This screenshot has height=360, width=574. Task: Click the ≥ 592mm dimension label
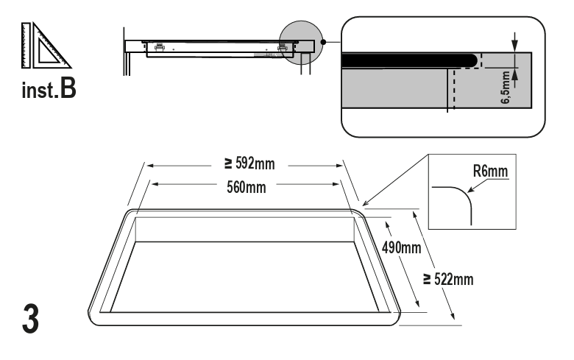tap(249, 163)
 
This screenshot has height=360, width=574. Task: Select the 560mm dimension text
tap(246, 187)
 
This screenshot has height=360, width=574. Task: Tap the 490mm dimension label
tap(401, 248)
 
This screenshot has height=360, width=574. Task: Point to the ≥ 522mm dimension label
tap(448, 280)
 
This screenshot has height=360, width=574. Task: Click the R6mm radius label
tap(490, 171)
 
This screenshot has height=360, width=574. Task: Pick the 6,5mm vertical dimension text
tap(505, 87)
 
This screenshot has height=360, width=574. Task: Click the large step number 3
tap(30, 318)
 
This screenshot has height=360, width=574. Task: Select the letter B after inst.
tap(68, 88)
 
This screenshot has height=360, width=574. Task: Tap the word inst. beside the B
tap(40, 91)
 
